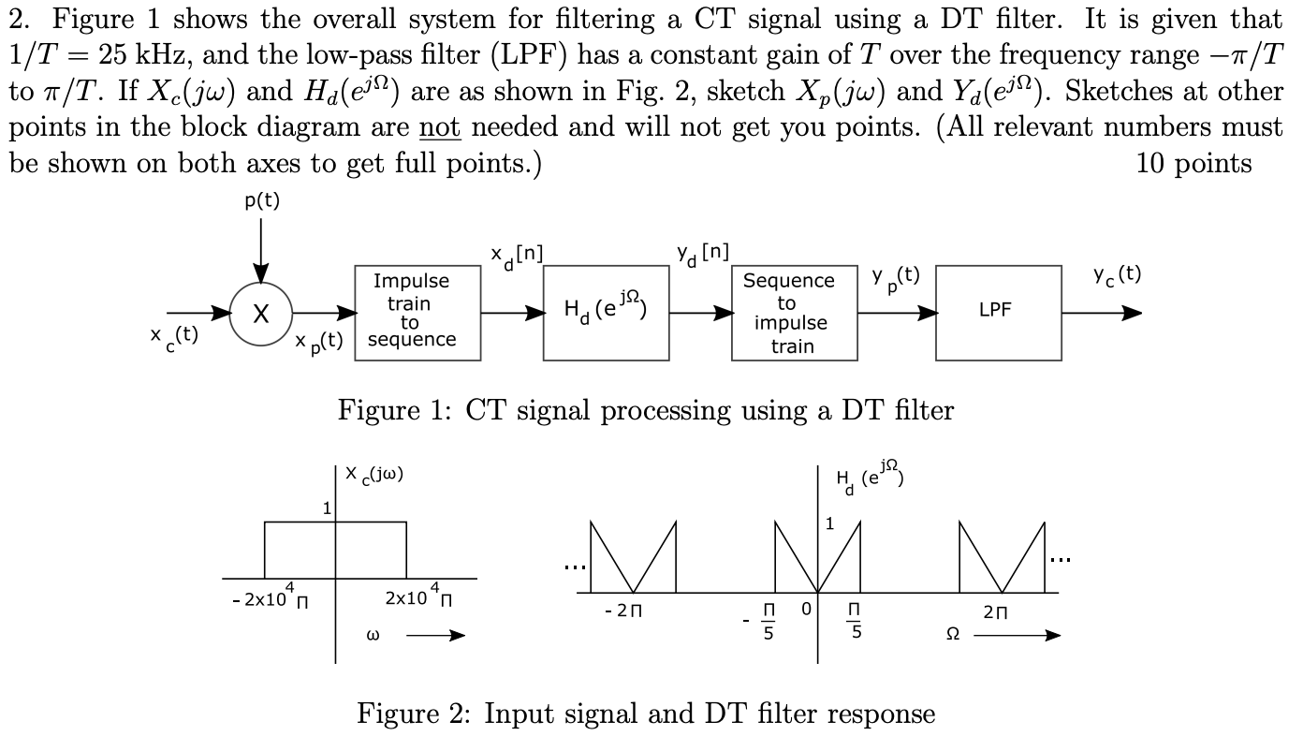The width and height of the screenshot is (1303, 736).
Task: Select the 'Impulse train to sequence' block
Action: tap(418, 313)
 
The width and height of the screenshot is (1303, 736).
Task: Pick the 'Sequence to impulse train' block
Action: tap(795, 313)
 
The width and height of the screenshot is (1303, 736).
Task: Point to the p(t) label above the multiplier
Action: tap(262, 201)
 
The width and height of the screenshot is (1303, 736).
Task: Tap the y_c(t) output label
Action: tap(1117, 275)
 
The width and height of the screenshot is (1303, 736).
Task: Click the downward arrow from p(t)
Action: tap(261, 246)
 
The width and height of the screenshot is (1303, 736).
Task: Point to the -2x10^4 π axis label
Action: tap(267, 596)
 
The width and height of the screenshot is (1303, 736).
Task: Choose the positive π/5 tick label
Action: tap(853, 621)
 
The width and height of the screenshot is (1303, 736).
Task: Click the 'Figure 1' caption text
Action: tap(645, 410)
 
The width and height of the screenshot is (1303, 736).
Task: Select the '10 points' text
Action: tap(1193, 164)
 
